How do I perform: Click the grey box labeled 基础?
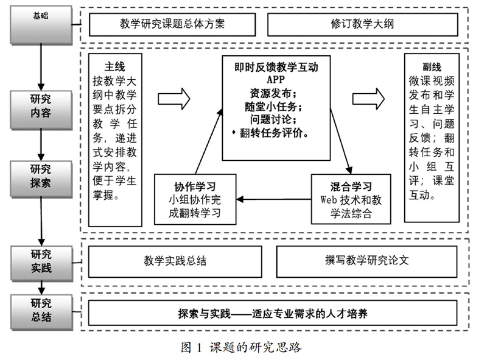41,24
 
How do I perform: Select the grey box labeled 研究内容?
41,110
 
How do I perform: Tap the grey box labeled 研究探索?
41,178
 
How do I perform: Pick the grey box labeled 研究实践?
41,263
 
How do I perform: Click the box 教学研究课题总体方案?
172,24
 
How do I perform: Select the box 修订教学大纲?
362,24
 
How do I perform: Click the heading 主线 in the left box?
114,66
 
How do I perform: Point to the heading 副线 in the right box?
432,66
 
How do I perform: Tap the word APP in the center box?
276,80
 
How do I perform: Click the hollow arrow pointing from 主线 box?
174,99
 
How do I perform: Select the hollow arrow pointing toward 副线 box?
368,99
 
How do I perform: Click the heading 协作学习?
195,187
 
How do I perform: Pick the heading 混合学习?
351,187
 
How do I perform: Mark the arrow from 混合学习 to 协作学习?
273,199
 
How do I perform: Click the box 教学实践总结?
175,261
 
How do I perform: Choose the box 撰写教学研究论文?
367,261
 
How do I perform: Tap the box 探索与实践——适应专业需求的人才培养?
273,312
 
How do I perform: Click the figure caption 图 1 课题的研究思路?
241,347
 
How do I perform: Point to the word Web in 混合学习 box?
329,200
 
